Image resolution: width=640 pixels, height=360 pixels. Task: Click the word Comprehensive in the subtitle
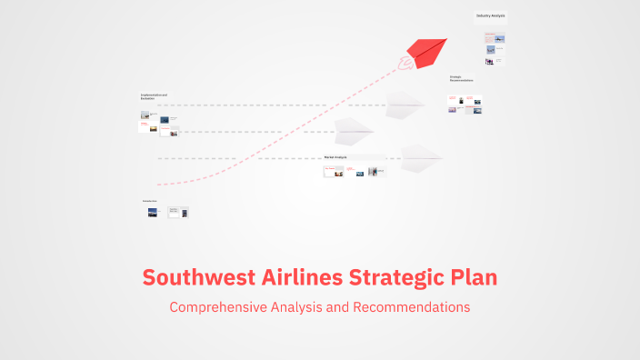click(x=218, y=307)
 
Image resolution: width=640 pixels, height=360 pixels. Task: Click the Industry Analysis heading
click(x=490, y=15)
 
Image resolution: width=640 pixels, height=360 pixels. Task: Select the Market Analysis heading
click(x=335, y=157)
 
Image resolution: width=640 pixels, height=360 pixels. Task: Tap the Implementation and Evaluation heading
click(x=154, y=96)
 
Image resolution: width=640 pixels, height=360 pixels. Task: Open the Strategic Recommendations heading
click(x=461, y=79)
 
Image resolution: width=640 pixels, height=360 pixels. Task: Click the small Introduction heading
click(x=149, y=200)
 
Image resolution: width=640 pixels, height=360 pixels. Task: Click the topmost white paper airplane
click(x=405, y=105)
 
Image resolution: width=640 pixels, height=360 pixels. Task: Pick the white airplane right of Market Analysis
click(x=420, y=157)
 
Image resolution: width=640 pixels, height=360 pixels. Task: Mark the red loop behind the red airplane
click(x=405, y=63)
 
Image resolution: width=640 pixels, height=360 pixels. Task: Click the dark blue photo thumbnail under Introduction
click(x=153, y=212)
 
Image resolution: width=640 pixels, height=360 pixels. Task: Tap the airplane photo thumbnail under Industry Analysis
click(x=489, y=50)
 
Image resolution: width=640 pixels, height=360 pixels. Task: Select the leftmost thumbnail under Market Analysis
click(x=334, y=170)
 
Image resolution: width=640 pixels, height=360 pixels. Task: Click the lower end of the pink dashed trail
click(x=160, y=184)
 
